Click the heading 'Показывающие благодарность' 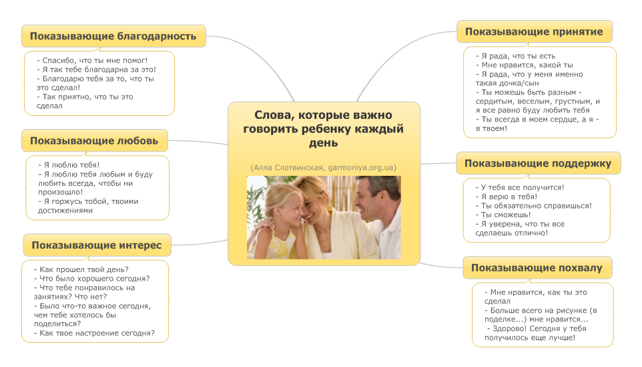113,35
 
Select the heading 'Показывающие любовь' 94,140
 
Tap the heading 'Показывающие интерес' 96,245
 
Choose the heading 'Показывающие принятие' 534,31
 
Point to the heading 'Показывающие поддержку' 538,163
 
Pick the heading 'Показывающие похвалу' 537,268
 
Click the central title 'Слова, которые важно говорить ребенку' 324,128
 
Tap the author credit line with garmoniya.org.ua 324,166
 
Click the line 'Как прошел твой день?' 81,269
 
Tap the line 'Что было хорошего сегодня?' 91,278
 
